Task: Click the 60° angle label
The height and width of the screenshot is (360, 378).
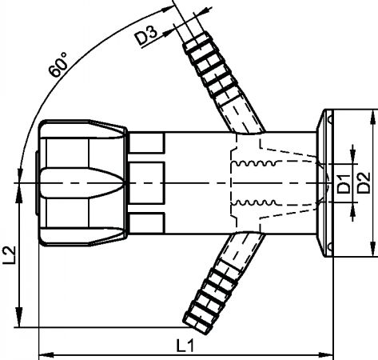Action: pos(58,65)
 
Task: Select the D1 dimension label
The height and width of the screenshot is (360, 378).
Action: pos(344,184)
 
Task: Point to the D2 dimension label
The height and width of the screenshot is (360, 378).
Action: pos(364,182)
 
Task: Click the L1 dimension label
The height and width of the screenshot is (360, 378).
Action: pos(185,346)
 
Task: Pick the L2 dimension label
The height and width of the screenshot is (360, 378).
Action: pos(10,255)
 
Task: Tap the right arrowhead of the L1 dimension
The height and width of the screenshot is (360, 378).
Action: pos(326,355)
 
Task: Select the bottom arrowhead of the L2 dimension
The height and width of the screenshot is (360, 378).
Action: pos(18,318)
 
